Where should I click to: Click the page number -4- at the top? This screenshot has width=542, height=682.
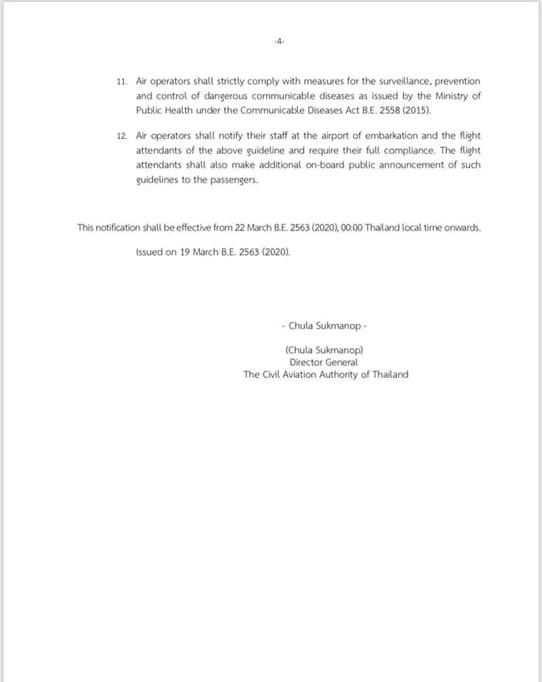click(x=279, y=42)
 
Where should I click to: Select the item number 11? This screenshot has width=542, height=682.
click(x=122, y=82)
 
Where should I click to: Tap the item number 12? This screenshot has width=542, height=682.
click(x=122, y=136)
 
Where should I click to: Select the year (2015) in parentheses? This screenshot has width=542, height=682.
click(x=417, y=110)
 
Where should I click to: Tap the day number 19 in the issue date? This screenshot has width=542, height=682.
click(x=185, y=252)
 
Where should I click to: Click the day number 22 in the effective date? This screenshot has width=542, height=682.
click(x=240, y=227)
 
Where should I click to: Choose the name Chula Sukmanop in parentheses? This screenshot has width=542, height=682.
click(x=325, y=350)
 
